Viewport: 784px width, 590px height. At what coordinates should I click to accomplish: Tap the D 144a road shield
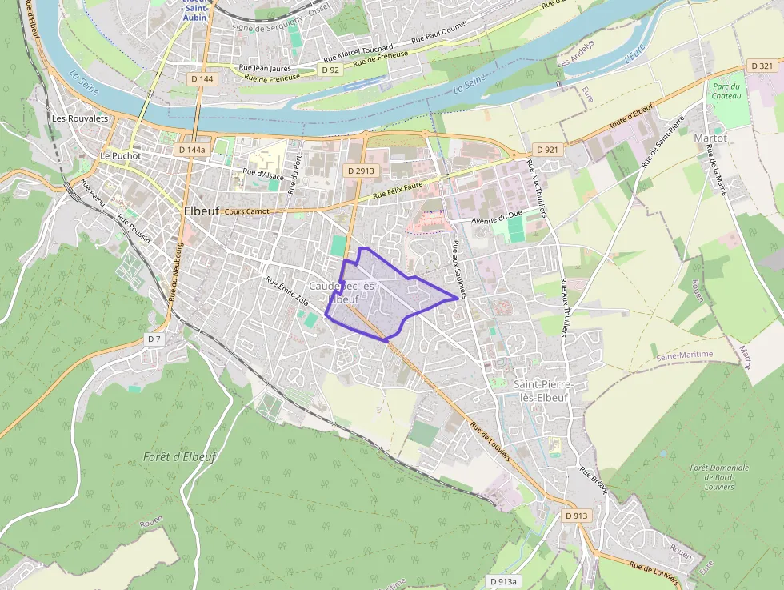click(x=192, y=150)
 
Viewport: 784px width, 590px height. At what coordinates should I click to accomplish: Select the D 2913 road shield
click(x=361, y=171)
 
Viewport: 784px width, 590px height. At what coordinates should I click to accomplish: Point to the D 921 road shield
click(x=547, y=150)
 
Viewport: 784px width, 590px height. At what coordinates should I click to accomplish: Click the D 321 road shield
click(x=762, y=66)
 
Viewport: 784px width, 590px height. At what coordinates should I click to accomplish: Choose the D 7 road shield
click(x=154, y=339)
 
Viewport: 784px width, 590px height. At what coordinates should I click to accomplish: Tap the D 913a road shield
click(x=503, y=581)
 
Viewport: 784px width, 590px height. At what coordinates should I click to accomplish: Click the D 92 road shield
click(x=330, y=70)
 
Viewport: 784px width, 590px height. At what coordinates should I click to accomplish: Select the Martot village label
click(x=710, y=138)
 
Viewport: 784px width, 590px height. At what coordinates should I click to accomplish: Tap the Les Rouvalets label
click(x=80, y=118)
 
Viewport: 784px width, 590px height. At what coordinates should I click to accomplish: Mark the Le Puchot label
click(x=120, y=155)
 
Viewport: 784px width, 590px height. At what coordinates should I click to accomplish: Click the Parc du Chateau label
click(x=726, y=90)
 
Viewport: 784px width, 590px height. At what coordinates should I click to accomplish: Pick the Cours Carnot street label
click(x=247, y=211)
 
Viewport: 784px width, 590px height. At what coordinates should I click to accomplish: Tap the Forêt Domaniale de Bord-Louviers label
click(x=721, y=476)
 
